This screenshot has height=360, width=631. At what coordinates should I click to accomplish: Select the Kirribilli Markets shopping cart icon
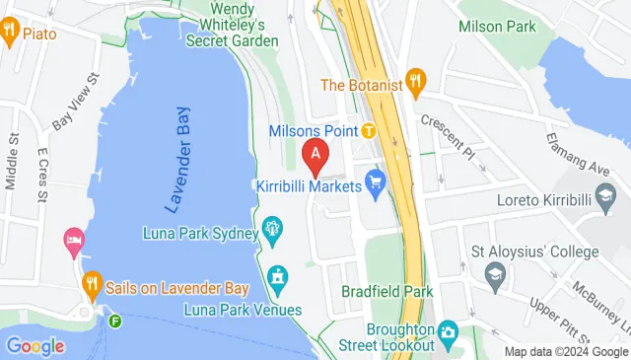point(375,181)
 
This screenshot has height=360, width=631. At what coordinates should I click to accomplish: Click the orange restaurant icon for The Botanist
point(416,83)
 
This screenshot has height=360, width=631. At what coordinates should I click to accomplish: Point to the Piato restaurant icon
point(10,33)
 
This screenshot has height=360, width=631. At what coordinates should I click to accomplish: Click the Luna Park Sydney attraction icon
point(273,234)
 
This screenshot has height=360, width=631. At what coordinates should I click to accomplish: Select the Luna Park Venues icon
point(278,280)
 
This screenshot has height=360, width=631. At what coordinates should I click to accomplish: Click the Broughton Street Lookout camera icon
point(449,331)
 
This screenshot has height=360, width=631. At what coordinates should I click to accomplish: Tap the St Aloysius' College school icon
point(494,280)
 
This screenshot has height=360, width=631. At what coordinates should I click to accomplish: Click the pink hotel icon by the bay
point(74,240)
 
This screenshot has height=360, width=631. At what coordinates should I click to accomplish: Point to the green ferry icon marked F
point(116,321)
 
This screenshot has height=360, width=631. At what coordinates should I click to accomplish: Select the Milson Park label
point(497,27)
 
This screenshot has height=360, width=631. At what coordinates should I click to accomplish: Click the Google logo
point(35,345)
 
